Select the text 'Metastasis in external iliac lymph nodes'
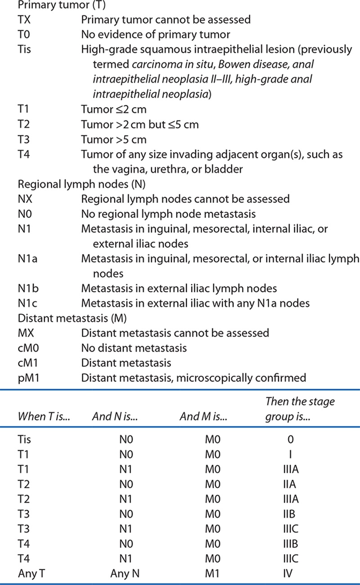179,288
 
